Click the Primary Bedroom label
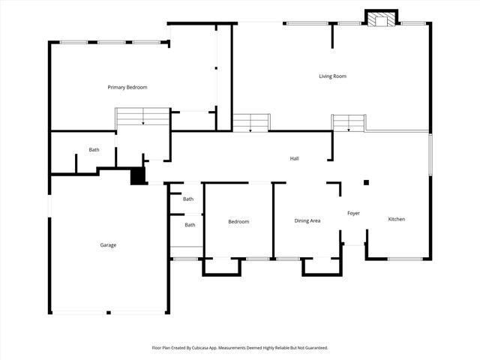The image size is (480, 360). [127, 88]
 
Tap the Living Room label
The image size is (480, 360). [332, 76]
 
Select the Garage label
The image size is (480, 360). [108, 244]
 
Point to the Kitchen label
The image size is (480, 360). [396, 219]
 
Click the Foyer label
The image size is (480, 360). [353, 213]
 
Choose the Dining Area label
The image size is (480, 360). [307, 220]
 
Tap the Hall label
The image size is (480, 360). [295, 158]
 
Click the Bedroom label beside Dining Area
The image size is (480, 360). [238, 221]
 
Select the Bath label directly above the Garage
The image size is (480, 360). [94, 150]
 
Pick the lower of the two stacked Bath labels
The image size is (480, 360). [190, 225]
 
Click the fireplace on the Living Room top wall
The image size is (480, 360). [381, 19]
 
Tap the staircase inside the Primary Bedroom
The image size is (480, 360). [142, 116]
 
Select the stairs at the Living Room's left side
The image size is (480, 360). [250, 122]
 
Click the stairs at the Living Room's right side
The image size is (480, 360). [348, 122]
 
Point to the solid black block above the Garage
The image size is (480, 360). [138, 175]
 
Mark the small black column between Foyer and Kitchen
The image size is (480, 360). [366, 182]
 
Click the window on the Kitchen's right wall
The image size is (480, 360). [430, 154]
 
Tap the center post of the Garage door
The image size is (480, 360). [108, 312]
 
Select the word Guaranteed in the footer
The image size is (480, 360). [313, 348]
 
